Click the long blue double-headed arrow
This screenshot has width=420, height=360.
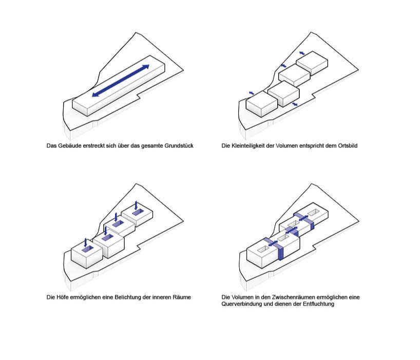pyautogui.click(x=121, y=81)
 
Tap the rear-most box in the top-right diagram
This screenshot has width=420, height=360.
pyautogui.click(x=312, y=62)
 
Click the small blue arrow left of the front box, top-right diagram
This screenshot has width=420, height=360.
pyautogui.click(x=252, y=92)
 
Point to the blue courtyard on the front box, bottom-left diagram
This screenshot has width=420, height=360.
pyautogui.click(x=86, y=249)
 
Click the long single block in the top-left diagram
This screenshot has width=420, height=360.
pyautogui.click(x=118, y=92)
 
